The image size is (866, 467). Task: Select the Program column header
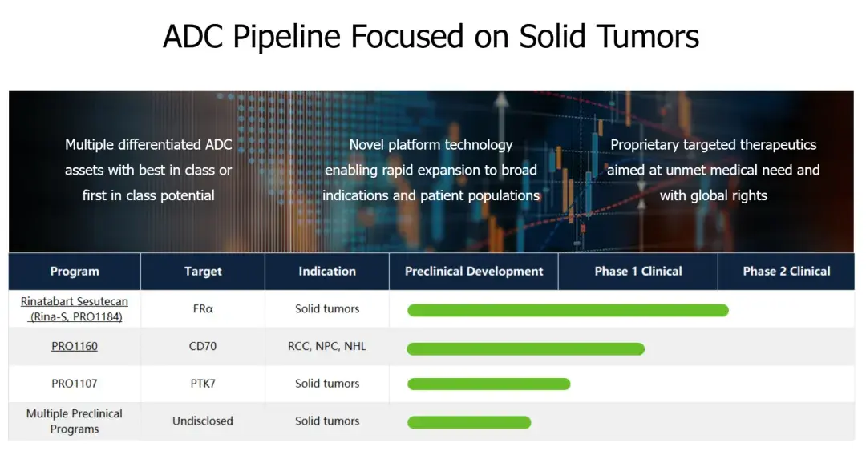click(75, 271)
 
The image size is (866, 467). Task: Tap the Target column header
click(203, 271)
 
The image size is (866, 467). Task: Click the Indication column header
click(327, 271)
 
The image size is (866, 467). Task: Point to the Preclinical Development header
click(474, 271)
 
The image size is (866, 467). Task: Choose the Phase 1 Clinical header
click(638, 271)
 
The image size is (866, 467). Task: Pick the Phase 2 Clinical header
click(787, 271)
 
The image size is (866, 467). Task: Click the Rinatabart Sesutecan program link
click(75, 308)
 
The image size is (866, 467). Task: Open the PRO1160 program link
click(75, 346)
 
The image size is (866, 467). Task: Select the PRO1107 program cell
click(75, 383)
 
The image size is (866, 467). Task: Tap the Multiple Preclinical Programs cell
click(75, 421)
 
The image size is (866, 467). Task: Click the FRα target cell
click(203, 308)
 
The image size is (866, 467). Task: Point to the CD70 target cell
click(203, 346)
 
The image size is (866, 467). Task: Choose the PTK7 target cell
click(203, 383)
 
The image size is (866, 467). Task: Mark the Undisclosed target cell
click(203, 421)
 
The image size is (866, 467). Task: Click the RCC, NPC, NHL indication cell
click(327, 346)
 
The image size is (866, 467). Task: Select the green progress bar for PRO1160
click(526, 349)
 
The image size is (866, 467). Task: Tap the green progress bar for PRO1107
click(489, 384)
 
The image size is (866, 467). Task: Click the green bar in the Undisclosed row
click(469, 422)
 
